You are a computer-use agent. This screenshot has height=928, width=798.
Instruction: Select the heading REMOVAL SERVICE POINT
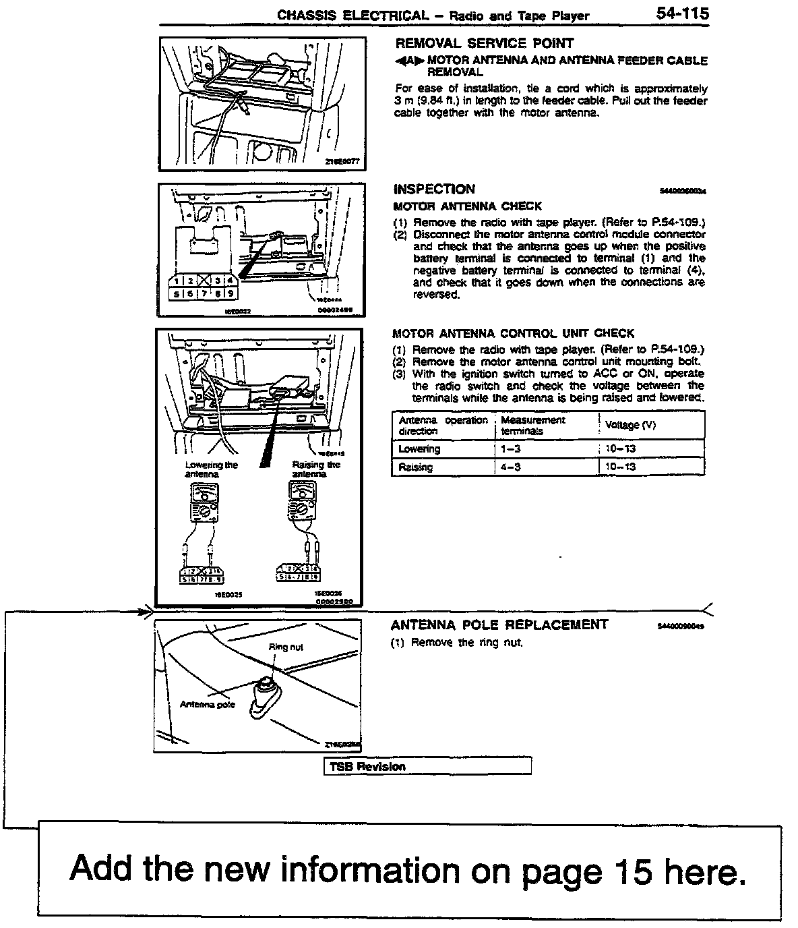[484, 43]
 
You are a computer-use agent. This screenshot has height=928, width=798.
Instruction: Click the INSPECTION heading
[434, 190]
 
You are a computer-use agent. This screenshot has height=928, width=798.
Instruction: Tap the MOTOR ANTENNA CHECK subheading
[467, 206]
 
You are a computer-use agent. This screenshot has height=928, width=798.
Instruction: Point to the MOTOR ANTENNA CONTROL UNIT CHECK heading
[513, 333]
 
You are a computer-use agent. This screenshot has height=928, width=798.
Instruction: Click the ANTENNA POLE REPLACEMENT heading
[499, 625]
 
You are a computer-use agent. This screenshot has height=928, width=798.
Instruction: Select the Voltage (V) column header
[630, 425]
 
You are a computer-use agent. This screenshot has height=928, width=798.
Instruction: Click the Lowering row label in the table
[419, 449]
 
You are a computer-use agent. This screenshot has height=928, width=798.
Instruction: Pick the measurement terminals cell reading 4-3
[511, 467]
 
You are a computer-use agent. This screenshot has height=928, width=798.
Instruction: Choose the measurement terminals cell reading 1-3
[511, 449]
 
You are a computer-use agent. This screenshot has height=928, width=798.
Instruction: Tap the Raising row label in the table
[416, 467]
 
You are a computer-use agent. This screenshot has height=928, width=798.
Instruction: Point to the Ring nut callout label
[286, 647]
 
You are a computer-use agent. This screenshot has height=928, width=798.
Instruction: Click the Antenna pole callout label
[208, 705]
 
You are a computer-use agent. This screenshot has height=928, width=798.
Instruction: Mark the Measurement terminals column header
[532, 425]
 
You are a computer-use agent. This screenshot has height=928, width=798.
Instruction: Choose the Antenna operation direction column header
[442, 425]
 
